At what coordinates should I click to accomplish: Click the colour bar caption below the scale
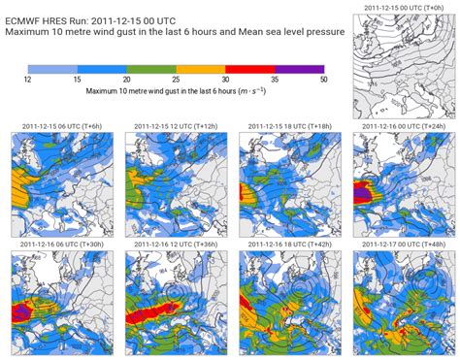(175, 93)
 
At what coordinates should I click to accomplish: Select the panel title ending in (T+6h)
(59, 127)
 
